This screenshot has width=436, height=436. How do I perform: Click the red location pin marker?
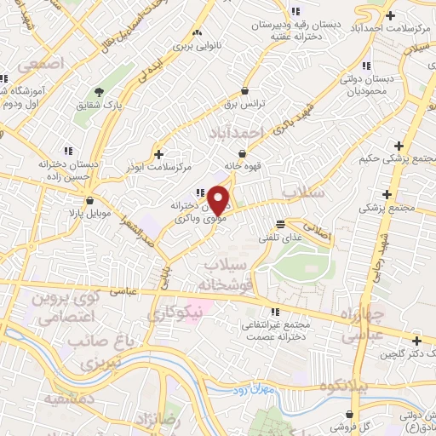point(219,200)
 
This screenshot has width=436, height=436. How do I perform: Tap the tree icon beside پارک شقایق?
point(101,92)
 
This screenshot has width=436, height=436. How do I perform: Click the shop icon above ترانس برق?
point(245,90)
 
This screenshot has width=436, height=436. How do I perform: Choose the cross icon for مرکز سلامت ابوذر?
point(159,153)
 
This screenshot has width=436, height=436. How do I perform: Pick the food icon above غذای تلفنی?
point(281,224)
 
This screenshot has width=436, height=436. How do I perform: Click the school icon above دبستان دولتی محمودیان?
point(366,66)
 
